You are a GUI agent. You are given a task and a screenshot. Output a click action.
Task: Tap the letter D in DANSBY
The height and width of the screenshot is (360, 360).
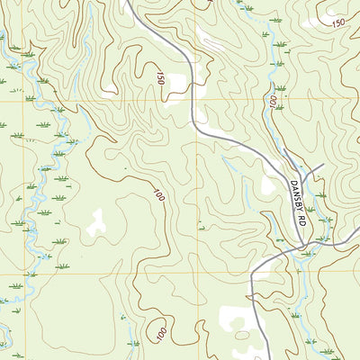292,184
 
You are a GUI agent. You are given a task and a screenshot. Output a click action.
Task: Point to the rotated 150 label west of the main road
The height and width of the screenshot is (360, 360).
159,79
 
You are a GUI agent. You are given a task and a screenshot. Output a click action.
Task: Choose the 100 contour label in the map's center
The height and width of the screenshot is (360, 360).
158,193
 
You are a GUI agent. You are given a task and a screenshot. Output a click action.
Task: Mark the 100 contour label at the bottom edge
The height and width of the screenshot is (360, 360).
159,334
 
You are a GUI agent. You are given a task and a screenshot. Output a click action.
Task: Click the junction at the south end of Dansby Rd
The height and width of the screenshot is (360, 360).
304,245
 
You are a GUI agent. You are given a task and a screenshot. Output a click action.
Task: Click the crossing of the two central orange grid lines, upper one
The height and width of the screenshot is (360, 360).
197,101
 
